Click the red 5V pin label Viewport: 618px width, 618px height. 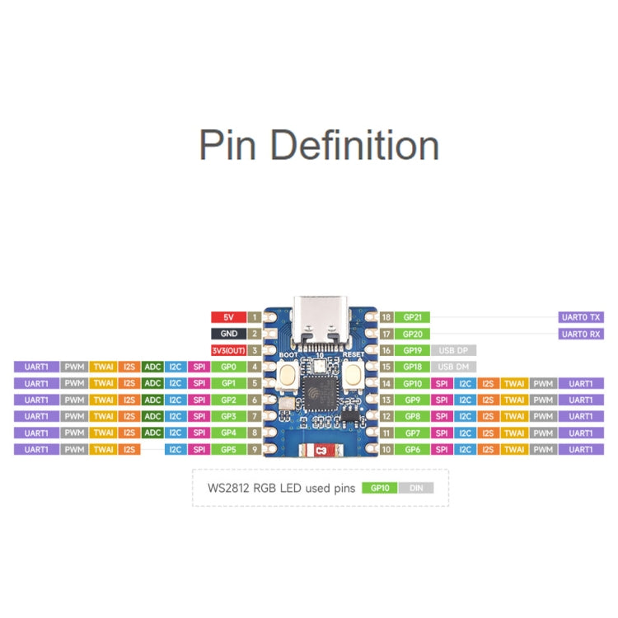point(227,316)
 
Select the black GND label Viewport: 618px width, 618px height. point(227,334)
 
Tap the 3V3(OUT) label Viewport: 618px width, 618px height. point(227,350)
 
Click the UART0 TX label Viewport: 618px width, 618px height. point(581,316)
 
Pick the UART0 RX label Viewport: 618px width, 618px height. point(581,334)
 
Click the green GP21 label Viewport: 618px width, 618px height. point(412,316)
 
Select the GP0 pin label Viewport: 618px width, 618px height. point(227,367)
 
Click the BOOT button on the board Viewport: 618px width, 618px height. point(289,376)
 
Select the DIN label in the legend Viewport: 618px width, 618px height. point(415,488)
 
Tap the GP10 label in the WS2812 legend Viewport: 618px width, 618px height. point(379,488)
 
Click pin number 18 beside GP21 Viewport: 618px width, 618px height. point(386,316)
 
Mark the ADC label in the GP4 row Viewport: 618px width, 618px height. point(152,433)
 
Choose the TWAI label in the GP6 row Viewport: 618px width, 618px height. point(514,449)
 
